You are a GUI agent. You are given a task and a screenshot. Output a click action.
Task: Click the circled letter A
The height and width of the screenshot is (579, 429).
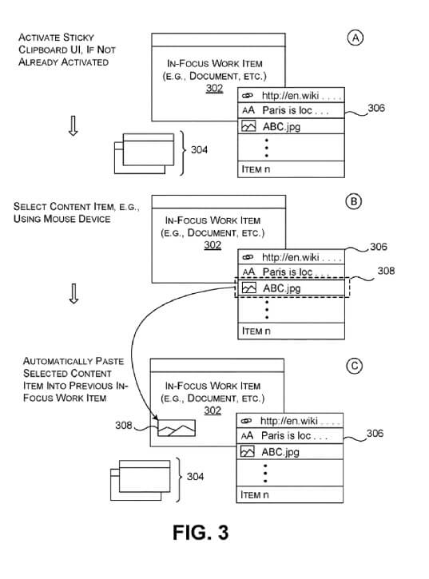point(356,38)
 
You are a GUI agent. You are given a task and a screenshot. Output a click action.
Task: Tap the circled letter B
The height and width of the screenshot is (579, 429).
point(354,201)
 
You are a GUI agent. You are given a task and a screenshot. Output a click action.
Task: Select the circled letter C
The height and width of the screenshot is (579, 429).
point(355,366)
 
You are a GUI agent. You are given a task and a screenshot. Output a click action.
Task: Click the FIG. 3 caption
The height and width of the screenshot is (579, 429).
point(201,533)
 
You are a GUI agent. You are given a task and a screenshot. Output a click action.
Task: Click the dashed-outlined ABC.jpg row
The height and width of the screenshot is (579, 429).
point(292,288)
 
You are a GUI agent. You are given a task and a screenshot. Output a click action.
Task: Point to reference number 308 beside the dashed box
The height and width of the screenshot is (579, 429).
point(386,271)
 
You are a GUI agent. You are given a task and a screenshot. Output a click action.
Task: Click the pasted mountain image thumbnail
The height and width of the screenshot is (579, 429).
point(177,428)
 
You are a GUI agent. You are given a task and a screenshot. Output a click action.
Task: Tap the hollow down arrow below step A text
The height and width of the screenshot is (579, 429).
point(73,126)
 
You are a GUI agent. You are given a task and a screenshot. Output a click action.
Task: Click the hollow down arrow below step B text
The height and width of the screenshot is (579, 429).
point(74,294)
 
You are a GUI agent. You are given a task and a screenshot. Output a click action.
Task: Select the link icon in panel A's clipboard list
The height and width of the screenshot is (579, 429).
point(247,96)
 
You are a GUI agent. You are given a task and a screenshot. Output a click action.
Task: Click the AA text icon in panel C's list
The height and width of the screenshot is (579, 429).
point(247,436)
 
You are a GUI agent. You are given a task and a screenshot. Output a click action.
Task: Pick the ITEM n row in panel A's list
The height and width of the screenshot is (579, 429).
point(291,169)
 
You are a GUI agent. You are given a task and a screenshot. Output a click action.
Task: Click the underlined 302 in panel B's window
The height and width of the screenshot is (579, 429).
point(213,245)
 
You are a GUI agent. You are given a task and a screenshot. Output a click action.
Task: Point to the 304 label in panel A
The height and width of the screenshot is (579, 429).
point(199,149)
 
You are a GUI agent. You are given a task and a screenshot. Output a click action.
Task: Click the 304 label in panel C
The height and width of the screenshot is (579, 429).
point(195,476)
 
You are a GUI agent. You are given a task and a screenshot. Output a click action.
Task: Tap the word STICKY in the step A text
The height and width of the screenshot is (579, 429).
point(78,38)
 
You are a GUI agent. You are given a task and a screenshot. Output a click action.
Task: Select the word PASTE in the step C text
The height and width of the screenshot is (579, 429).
point(109,361)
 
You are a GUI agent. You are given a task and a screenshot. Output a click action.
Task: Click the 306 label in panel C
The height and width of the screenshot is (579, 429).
point(375,433)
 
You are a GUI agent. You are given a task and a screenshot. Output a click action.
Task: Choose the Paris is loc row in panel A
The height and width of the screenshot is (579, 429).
point(291,110)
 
